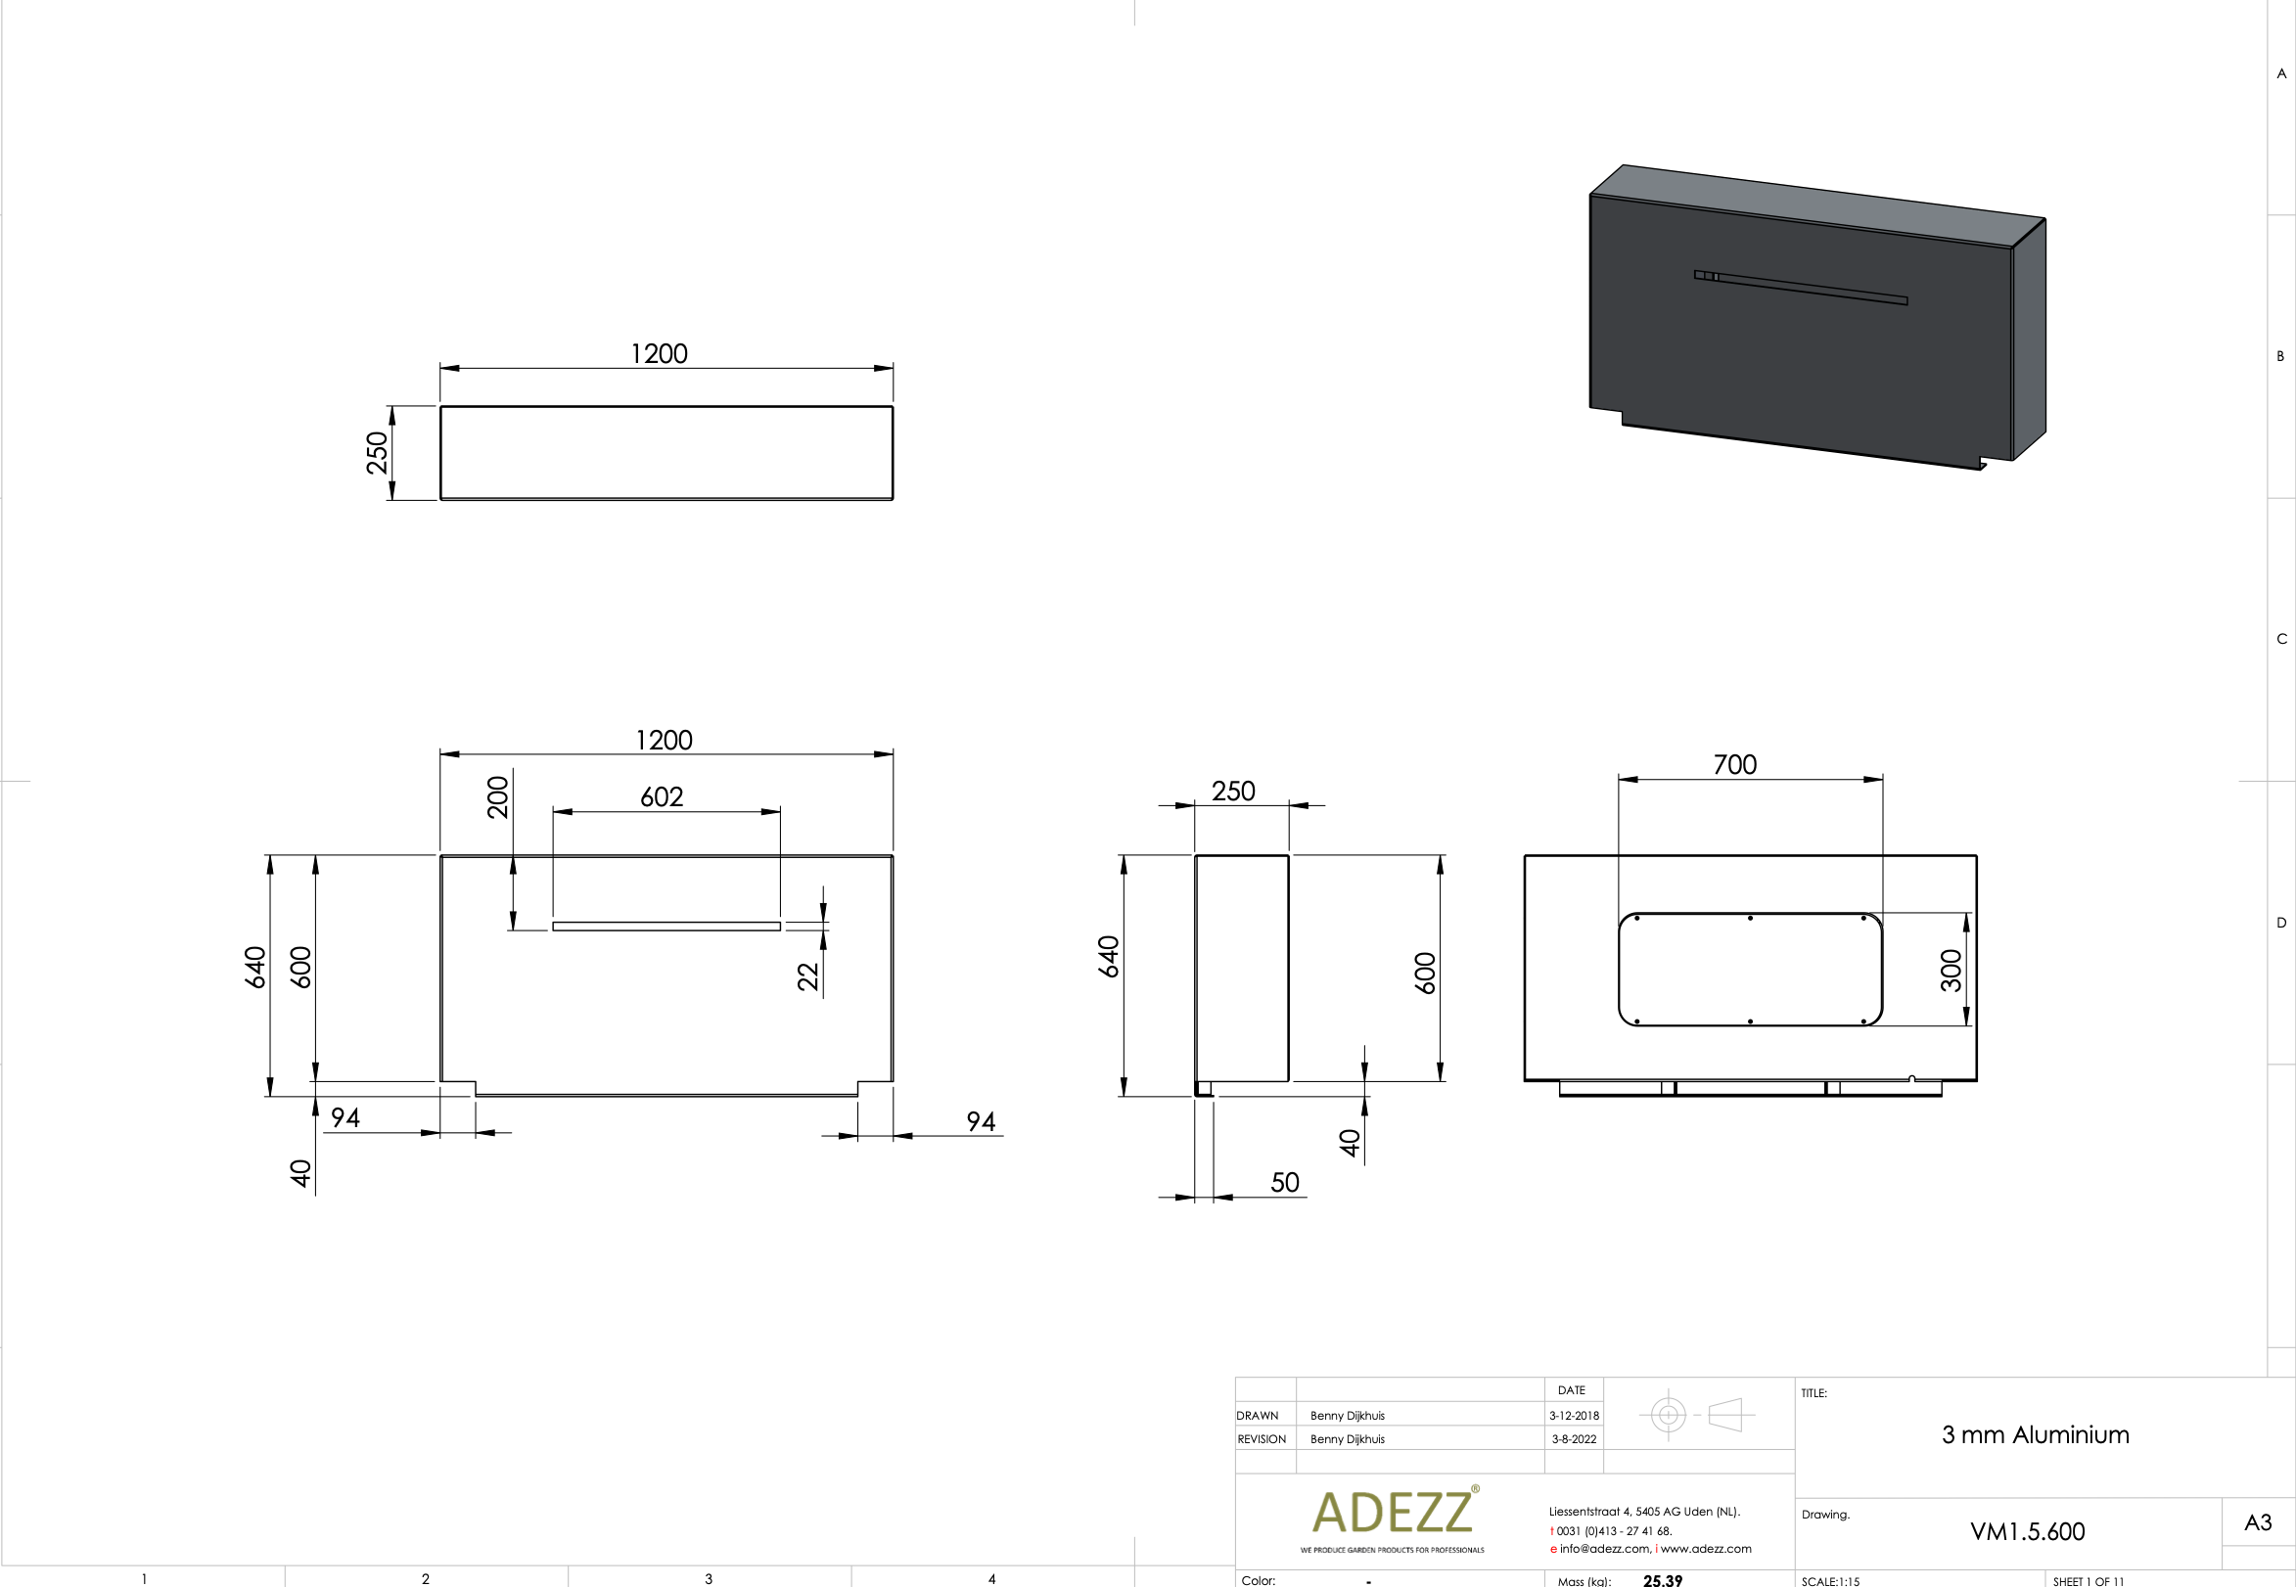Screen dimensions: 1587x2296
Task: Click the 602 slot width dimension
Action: [x=662, y=797]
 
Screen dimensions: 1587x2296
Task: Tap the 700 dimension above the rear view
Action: [x=1734, y=765]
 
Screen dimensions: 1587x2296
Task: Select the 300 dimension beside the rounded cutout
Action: [x=1950, y=971]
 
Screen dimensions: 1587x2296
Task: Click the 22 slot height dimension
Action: [x=807, y=976]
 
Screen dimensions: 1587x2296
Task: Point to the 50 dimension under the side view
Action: [x=1284, y=1182]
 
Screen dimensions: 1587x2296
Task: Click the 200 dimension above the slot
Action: [x=497, y=797]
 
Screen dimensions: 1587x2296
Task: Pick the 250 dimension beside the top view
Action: [x=377, y=453]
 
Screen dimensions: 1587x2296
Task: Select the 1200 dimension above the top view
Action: [x=660, y=354]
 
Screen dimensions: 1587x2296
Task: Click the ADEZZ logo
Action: [x=1392, y=1514]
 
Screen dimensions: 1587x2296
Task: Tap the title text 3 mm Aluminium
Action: [x=2035, y=1435]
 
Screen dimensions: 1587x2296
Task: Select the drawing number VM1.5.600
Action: [x=2027, y=1531]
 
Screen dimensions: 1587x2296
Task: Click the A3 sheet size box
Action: [x=2257, y=1522]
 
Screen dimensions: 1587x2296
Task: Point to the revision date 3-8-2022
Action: [x=1573, y=1439]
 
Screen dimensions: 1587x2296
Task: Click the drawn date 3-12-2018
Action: [x=1573, y=1415]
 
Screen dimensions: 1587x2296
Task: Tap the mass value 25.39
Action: [x=1662, y=1580]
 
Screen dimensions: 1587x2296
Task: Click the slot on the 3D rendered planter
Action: [x=1801, y=288]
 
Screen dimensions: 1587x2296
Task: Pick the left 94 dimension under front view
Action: [x=345, y=1117]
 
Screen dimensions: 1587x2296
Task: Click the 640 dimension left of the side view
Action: [x=1109, y=957]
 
